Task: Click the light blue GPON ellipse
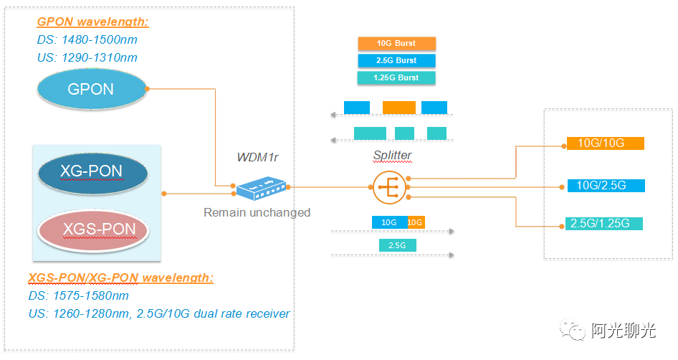point(92,90)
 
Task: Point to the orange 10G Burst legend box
point(396,44)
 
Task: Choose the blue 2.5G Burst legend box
point(396,61)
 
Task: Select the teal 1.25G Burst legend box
point(396,77)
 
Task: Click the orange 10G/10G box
point(606,143)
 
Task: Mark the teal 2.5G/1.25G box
point(604,224)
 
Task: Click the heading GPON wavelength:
point(92,22)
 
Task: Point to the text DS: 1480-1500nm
point(86,40)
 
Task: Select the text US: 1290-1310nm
point(87,57)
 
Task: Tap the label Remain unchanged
point(257,212)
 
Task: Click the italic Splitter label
point(392,155)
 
